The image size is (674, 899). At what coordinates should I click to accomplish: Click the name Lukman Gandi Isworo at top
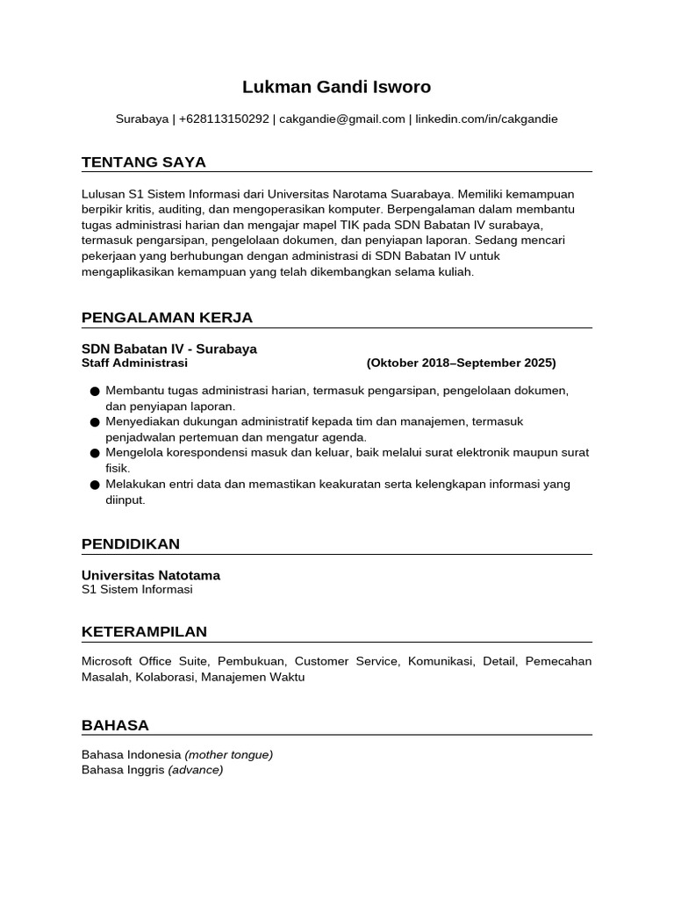click(337, 87)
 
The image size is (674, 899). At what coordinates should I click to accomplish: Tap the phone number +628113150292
click(224, 119)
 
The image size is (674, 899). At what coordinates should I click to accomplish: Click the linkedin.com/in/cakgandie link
click(486, 119)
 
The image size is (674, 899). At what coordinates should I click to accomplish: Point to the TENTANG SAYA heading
click(144, 162)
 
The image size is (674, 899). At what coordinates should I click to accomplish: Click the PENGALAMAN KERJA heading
click(167, 317)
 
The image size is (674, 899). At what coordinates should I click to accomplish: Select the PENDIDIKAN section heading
click(131, 543)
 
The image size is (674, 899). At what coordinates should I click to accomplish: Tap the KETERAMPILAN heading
click(144, 631)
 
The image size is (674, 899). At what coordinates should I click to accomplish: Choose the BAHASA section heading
click(115, 725)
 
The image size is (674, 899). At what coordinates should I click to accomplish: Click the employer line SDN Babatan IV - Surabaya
click(169, 349)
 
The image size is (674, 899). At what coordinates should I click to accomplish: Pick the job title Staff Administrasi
click(134, 363)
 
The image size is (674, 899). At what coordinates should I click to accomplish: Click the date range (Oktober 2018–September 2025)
click(461, 363)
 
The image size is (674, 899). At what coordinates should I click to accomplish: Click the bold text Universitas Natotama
click(151, 575)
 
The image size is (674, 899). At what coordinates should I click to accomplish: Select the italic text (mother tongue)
click(228, 754)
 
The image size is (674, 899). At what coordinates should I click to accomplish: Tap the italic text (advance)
click(195, 769)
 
